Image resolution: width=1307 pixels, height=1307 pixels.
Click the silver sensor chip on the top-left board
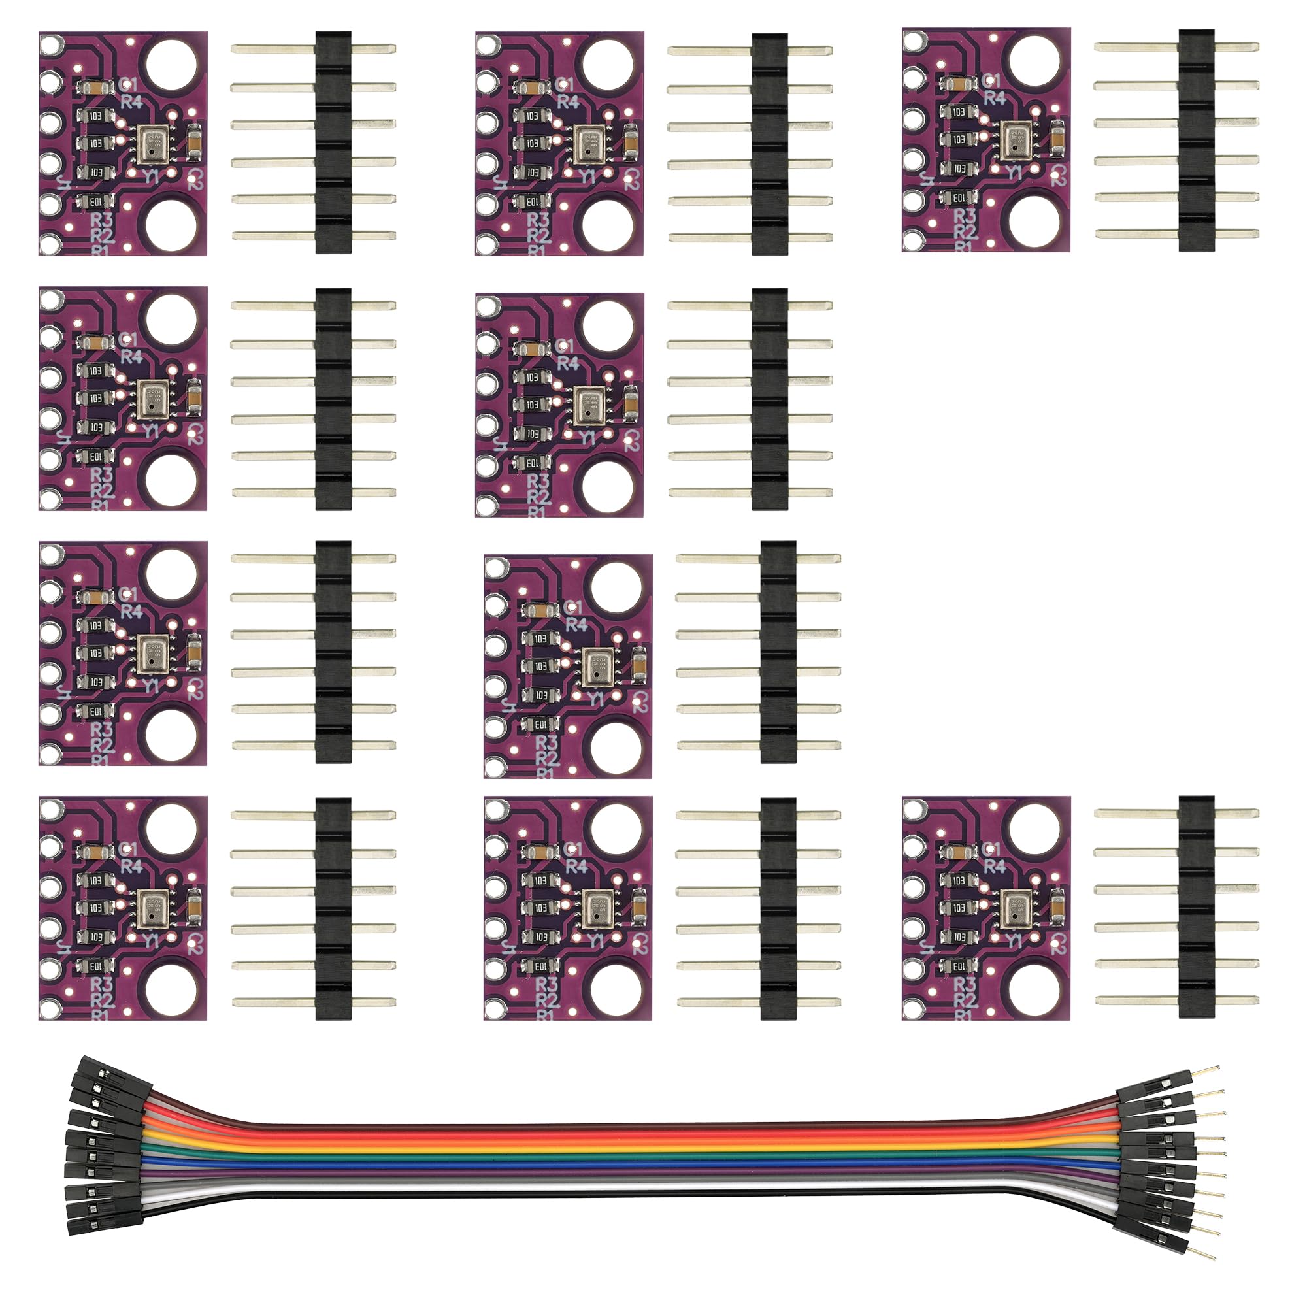[154, 143]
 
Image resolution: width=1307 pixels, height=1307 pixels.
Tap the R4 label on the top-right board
[994, 97]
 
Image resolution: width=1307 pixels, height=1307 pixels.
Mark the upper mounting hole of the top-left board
[172, 65]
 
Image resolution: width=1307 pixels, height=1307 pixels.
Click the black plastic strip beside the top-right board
[1196, 141]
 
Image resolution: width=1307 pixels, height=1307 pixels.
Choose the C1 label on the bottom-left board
[127, 848]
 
